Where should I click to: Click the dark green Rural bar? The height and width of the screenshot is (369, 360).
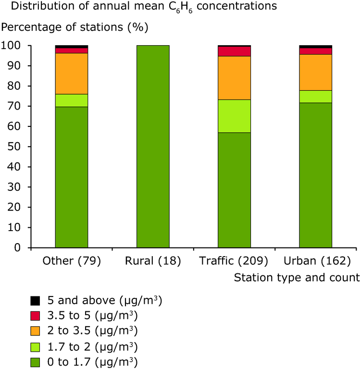(153, 147)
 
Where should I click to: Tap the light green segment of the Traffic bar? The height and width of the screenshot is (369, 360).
(234, 116)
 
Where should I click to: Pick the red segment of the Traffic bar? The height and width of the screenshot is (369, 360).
(234, 51)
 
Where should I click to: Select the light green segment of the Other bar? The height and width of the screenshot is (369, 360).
(72, 100)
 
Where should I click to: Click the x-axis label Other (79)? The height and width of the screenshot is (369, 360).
(71, 261)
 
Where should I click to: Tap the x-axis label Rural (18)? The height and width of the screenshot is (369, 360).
(153, 261)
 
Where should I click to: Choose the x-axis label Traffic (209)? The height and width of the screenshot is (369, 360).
(234, 261)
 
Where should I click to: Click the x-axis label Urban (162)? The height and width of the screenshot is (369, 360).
(315, 261)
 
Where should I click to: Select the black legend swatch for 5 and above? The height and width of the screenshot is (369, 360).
(35, 301)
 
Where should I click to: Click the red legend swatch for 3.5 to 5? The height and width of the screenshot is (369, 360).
(35, 316)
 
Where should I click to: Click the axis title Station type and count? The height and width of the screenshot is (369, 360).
(297, 277)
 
